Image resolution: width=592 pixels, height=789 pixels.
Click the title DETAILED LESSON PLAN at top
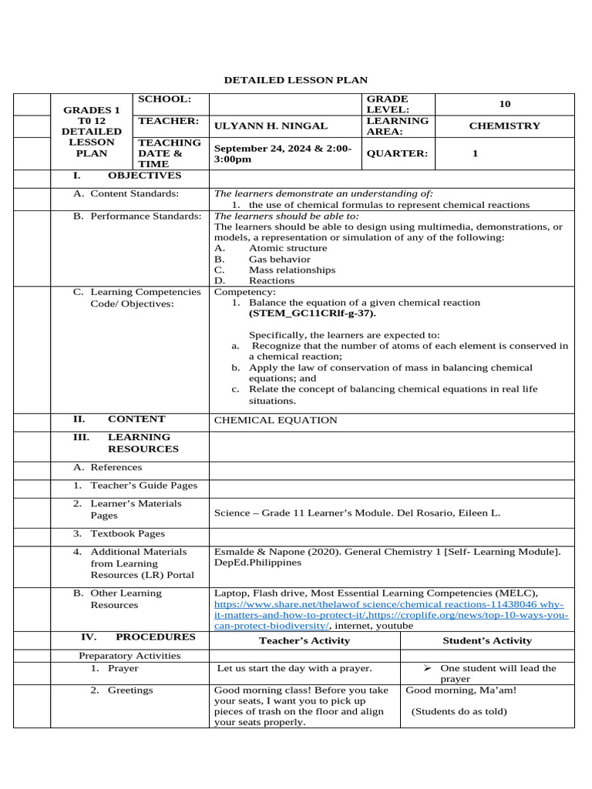295,80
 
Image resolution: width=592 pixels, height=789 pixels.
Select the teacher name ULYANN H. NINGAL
270,126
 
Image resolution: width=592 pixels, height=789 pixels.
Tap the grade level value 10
504,104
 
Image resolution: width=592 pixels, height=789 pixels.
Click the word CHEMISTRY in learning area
504,126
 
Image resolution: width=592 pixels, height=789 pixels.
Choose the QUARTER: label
396,153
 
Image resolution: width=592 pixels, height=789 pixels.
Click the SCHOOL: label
163,99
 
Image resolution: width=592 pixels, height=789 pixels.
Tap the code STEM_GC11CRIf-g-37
312,314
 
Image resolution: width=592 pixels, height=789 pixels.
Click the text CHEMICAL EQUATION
275,420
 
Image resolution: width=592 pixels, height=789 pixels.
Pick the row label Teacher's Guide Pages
143,485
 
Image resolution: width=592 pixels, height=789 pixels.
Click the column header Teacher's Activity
304,640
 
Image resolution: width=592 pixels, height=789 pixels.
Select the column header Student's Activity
486,640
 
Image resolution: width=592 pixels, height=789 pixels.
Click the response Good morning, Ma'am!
461,690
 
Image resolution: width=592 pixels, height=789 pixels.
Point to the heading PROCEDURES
155,637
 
